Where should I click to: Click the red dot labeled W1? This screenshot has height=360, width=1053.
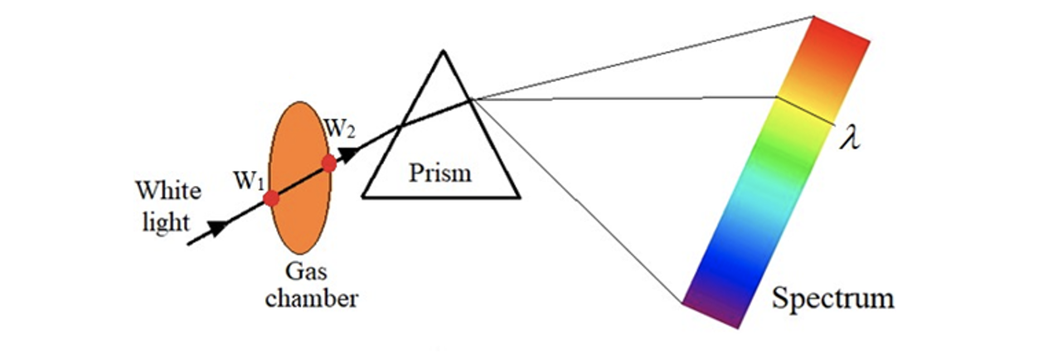pos(271,199)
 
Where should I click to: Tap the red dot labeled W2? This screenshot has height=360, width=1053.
pos(329,163)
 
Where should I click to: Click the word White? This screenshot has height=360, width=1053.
pos(168,192)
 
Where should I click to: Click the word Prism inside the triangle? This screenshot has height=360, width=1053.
pos(440,173)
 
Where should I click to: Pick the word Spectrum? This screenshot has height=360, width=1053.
pos(832,297)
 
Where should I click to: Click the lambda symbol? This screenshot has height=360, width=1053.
pos(849,138)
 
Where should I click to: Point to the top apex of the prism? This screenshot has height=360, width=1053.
pos(444,51)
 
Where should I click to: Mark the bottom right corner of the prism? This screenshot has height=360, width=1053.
pos(519,197)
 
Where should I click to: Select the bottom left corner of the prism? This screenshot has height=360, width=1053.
pos(362,197)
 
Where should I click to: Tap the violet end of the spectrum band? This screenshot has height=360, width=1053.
pos(712,311)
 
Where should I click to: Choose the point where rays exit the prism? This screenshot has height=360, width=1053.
pos(472,100)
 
